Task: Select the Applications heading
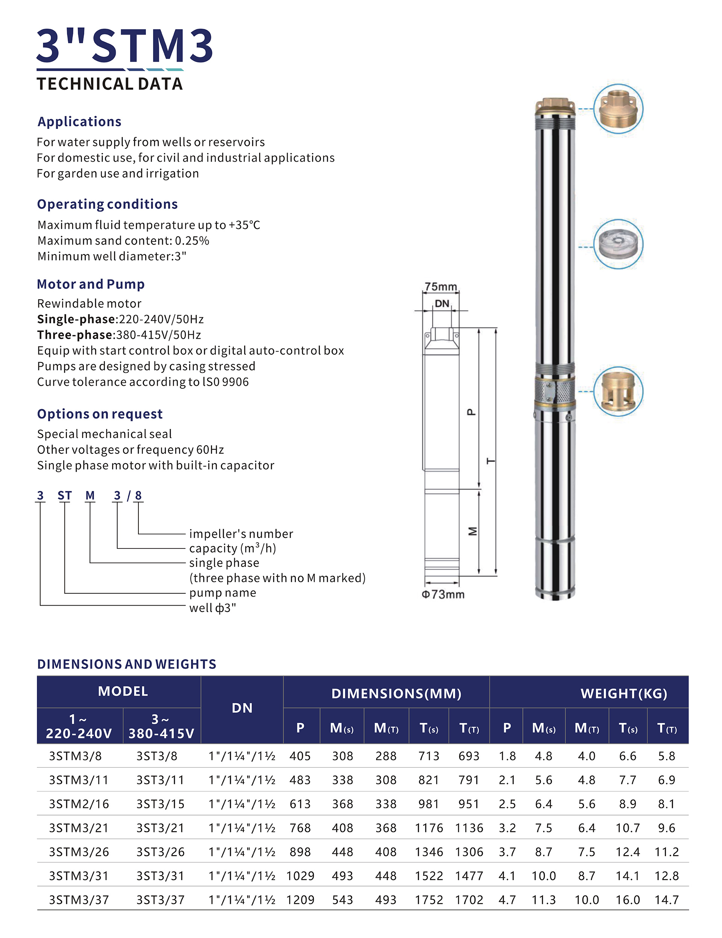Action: (x=79, y=121)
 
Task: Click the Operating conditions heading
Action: (x=108, y=204)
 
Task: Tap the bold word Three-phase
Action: (x=75, y=335)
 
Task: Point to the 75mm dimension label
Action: (x=440, y=286)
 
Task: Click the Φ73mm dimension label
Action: (x=443, y=594)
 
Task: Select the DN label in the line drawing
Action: (x=441, y=304)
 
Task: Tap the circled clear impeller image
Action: (x=618, y=244)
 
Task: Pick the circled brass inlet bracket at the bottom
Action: (x=618, y=391)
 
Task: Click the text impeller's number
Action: (x=241, y=534)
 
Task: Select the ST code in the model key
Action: (x=64, y=496)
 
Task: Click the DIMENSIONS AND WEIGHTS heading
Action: (x=127, y=664)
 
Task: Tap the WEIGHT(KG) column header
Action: (x=623, y=694)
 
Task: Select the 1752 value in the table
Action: (x=429, y=900)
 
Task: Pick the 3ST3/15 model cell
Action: (x=160, y=804)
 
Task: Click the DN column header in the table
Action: (x=242, y=708)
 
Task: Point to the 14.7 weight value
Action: (x=667, y=900)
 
